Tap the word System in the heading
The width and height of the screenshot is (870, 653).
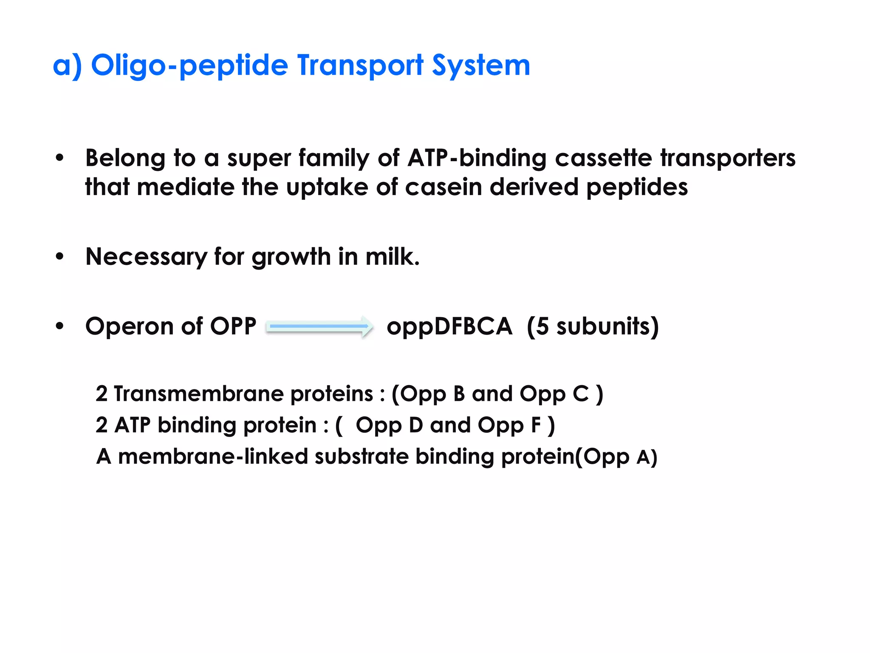[481, 66]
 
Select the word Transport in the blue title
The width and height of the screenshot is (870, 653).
[360, 66]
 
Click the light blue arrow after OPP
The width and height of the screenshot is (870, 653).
[320, 326]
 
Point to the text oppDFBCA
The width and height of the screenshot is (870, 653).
[449, 326]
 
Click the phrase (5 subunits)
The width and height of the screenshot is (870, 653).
[593, 326]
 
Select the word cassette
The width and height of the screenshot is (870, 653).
[603, 158]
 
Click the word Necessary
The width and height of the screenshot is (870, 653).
[146, 257]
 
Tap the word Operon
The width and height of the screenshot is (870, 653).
[130, 326]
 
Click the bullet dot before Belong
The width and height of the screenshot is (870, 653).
[59, 159]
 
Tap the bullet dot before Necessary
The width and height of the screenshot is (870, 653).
[59, 257]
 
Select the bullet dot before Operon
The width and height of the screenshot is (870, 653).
[59, 326]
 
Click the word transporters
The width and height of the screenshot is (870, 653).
[727, 158]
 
